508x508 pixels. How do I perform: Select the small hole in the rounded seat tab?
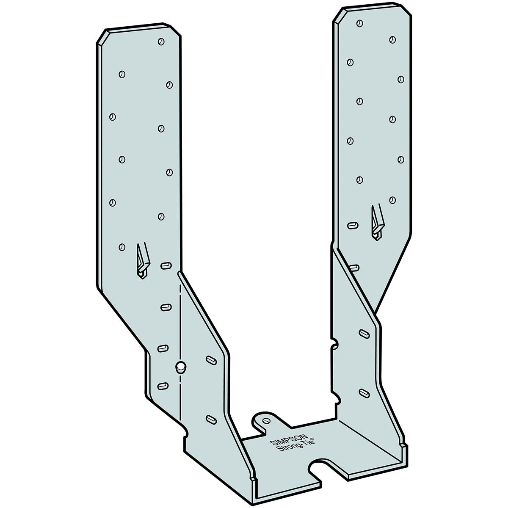pyautogui.click(x=266, y=421)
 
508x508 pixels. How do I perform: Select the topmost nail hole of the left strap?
pyautogui.click(x=161, y=41)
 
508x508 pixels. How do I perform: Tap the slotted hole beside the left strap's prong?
pyautogui.click(x=166, y=266)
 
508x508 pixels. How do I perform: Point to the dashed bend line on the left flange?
pyautogui.click(x=181, y=322)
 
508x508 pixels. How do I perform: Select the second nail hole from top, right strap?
pyautogui.click(x=392, y=40)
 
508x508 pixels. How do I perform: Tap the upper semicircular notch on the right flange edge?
pyautogui.click(x=334, y=344)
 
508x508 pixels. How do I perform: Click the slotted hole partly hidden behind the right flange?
pyautogui.click(x=354, y=267)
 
